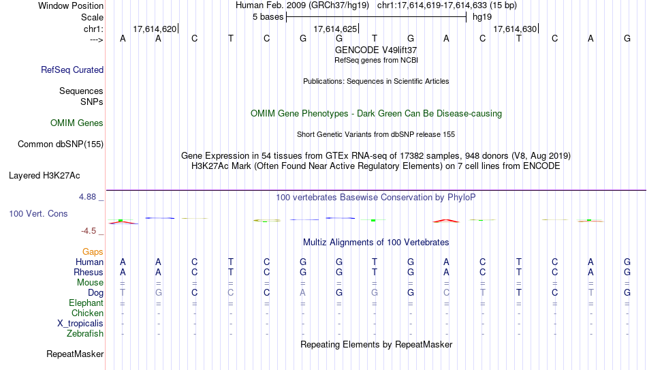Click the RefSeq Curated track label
pos(72,70)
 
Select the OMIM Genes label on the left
pos(77,123)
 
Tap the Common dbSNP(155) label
pos(61,144)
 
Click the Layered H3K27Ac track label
pos(44,176)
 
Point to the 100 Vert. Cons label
pos(38,213)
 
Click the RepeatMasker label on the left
pos(75,354)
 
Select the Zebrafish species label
pos(85,333)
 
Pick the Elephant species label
pos(86,303)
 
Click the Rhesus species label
pos(89,272)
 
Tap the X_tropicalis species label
pos(80,324)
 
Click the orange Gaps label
pos(93,252)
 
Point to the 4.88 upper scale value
pos(87,196)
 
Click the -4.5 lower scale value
pos(89,231)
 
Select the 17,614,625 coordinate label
pos(335,29)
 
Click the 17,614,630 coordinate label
pos(515,29)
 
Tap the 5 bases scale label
pos(268,17)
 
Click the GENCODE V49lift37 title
pos(376,50)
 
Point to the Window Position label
pos(71,5)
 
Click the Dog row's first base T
pos(123,292)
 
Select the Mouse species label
pos(90,283)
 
